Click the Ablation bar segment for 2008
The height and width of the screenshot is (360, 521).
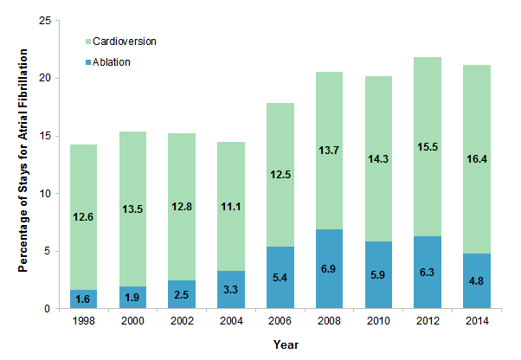tap(329, 268)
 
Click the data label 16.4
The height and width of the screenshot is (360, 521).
tap(476, 183)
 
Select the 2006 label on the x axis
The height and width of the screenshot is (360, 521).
tap(280, 322)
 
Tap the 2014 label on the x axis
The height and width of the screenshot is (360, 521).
tap(476, 322)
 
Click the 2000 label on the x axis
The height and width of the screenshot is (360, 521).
tap(132, 322)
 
